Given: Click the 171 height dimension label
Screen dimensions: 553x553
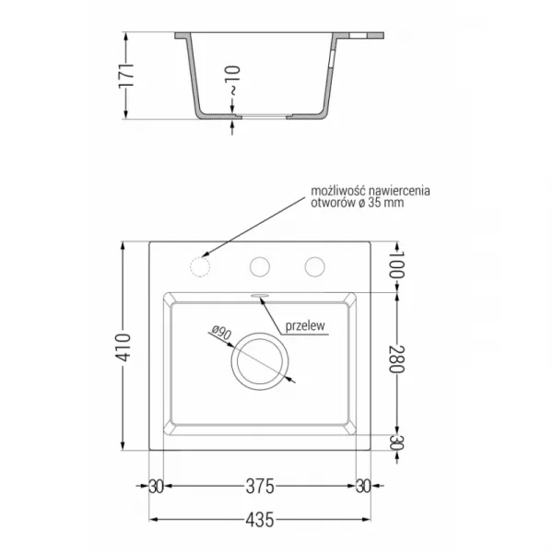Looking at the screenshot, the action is click(126, 76).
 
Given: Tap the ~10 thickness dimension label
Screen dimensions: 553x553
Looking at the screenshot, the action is click(233, 80).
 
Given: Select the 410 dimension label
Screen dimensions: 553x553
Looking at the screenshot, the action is click(124, 347).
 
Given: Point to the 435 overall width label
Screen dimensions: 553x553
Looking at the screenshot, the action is click(260, 520).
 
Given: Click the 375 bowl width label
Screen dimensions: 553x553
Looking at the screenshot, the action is click(260, 487).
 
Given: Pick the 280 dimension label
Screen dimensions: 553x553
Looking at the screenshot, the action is click(396, 359).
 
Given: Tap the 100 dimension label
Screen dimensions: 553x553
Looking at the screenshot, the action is click(396, 265).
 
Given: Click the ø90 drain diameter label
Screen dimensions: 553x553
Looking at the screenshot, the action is click(221, 333).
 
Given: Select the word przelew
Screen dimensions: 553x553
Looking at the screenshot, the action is click(305, 326).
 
